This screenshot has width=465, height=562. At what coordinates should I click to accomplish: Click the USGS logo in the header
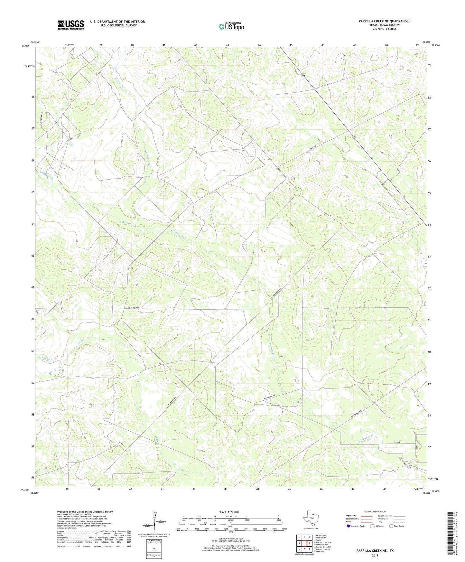71,25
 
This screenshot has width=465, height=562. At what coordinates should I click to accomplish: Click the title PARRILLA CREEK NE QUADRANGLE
384,21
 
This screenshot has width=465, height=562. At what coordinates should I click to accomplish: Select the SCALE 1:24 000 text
228,512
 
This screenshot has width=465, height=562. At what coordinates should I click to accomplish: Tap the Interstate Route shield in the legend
349,526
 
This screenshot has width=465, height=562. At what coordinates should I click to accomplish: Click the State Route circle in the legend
391,526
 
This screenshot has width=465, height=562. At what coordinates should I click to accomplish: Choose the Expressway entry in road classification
351,516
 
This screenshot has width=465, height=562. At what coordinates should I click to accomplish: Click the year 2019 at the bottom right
375,555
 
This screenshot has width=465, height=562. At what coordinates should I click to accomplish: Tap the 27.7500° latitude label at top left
26,46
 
